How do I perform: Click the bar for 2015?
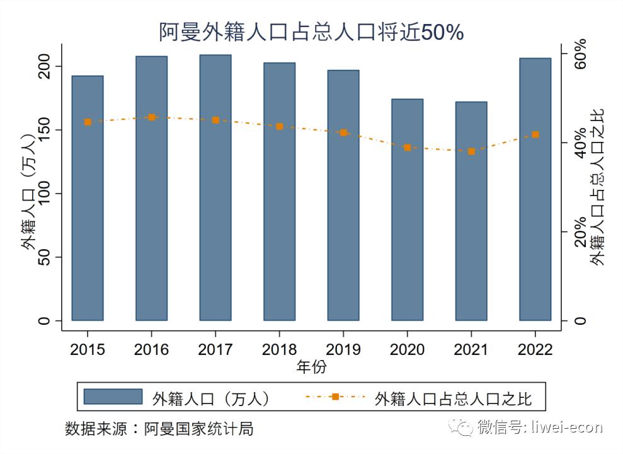click(x=88, y=198)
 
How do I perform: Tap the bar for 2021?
click(x=471, y=211)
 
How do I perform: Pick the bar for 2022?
click(x=535, y=189)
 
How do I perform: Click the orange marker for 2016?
click(x=152, y=117)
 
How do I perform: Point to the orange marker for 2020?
click(x=408, y=148)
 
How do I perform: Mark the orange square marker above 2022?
click(x=535, y=134)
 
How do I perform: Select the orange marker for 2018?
click(x=280, y=126)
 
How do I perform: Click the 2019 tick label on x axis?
click(x=343, y=349)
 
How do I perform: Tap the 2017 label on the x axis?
click(x=215, y=349)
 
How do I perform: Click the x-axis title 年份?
click(x=311, y=367)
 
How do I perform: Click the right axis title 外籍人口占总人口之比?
click(x=597, y=187)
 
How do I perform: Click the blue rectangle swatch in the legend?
click(x=113, y=397)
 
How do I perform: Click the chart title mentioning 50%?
click(x=311, y=32)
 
